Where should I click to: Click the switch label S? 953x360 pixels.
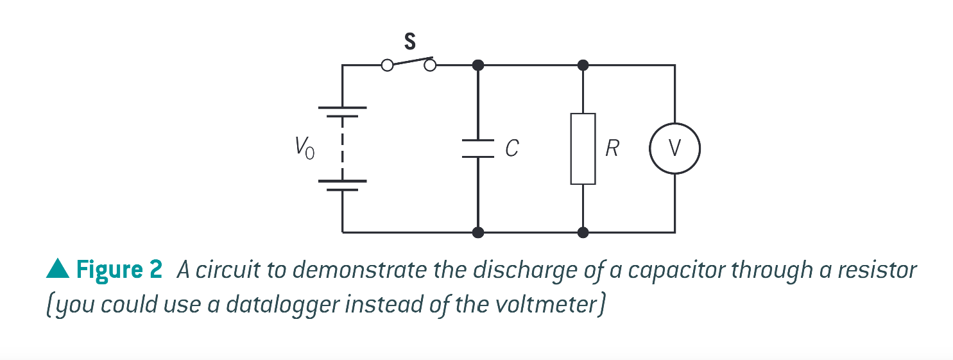[409, 42]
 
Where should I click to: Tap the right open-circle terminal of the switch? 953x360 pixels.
[431, 65]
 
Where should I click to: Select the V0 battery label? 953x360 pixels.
[304, 149]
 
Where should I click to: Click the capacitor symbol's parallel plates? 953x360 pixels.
[477, 148]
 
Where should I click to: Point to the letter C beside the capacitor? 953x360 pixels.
[511, 149]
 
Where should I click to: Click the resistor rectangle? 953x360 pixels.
[583, 149]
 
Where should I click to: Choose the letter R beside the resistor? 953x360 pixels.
[612, 149]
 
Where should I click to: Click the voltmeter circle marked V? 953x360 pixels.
[674, 149]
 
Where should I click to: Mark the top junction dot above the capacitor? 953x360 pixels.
[477, 65]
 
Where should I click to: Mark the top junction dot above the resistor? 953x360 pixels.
[583, 65]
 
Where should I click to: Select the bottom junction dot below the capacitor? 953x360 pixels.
[477, 232]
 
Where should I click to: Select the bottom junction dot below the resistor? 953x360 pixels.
[583, 232]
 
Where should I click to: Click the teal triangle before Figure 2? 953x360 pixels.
[58, 270]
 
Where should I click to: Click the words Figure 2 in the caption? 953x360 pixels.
[119, 270]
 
